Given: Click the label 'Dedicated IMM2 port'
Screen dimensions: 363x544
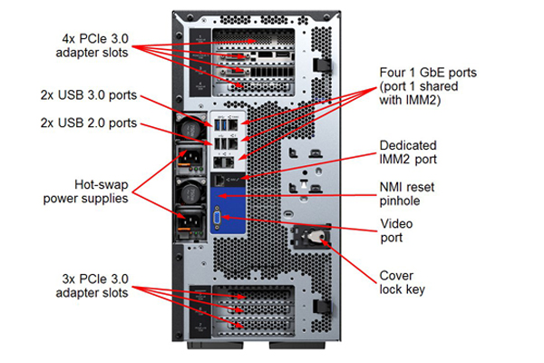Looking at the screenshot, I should (x=408, y=152).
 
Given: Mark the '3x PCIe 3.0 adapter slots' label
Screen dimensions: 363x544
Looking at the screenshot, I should (x=93, y=286).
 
